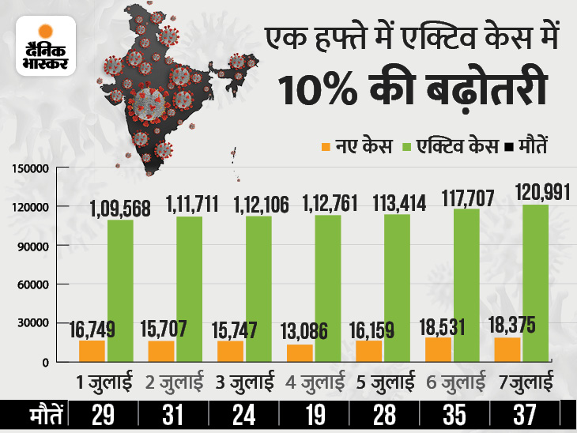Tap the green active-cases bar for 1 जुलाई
click(121, 290)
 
